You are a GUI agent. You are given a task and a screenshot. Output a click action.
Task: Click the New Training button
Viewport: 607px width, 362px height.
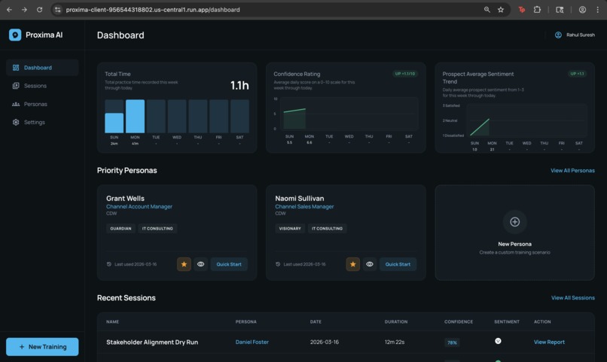(42, 347)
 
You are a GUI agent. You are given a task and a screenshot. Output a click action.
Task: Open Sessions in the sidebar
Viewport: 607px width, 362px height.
(35, 86)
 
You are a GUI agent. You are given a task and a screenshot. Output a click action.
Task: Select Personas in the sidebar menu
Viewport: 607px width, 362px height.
(35, 104)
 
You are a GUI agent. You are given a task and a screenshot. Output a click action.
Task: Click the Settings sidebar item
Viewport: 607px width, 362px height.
(34, 122)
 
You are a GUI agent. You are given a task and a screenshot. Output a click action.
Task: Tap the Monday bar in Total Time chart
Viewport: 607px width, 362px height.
(135, 117)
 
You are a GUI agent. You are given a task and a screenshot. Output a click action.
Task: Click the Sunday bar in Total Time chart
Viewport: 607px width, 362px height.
(114, 123)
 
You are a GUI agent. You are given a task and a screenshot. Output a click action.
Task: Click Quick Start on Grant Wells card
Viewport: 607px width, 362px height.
(229, 264)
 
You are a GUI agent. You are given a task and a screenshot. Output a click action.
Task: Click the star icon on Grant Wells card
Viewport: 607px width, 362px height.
(184, 264)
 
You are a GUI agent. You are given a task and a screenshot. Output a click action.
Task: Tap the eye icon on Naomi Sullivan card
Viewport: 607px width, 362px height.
(370, 264)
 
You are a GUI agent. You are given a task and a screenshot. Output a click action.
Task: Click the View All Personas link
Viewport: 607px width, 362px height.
(572, 171)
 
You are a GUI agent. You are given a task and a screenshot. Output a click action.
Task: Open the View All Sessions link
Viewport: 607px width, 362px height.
(572, 298)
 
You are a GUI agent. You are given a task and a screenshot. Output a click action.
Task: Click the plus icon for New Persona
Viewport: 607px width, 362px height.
(515, 222)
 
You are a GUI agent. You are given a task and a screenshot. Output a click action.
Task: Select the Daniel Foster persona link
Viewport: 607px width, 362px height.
(252, 342)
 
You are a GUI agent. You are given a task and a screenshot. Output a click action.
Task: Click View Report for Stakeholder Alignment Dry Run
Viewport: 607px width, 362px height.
(549, 342)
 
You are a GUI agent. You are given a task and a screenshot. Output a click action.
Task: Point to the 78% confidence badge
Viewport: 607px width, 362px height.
(452, 342)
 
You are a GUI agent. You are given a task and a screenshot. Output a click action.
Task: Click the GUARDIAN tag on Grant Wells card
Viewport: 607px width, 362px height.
(120, 228)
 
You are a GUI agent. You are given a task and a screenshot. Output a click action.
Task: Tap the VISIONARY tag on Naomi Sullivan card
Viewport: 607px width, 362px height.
(290, 228)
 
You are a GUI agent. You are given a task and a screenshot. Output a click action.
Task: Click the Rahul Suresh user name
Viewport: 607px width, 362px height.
(580, 35)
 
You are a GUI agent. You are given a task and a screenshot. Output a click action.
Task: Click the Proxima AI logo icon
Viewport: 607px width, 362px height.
(15, 35)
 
